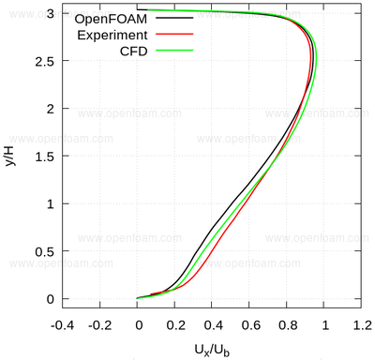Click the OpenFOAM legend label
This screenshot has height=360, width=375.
point(111,19)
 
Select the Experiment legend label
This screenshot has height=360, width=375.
point(112,35)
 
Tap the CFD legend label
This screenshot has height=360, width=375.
point(133,51)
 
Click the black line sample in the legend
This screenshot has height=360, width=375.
point(174,18)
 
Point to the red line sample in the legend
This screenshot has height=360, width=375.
point(174,34)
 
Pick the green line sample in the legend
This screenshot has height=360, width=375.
point(174,50)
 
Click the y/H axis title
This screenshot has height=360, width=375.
point(10,156)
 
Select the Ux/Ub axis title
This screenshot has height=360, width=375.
point(212,351)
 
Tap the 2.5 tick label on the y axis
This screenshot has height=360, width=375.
point(44,61)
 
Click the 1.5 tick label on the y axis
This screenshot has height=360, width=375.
point(44,157)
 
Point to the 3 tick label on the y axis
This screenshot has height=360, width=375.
point(51,13)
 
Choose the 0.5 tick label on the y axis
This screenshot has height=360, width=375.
point(44,252)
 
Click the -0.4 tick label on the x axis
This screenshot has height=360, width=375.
point(63,325)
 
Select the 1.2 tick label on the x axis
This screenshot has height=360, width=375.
point(363,325)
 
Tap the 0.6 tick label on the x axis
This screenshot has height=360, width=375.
point(250,325)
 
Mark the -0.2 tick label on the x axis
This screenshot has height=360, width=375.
point(100,325)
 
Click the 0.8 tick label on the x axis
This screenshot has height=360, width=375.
point(288,325)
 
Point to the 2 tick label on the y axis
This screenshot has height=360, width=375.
point(51,109)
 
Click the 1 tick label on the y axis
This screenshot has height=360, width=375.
point(51,204)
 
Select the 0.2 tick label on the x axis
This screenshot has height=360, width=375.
point(176,325)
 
